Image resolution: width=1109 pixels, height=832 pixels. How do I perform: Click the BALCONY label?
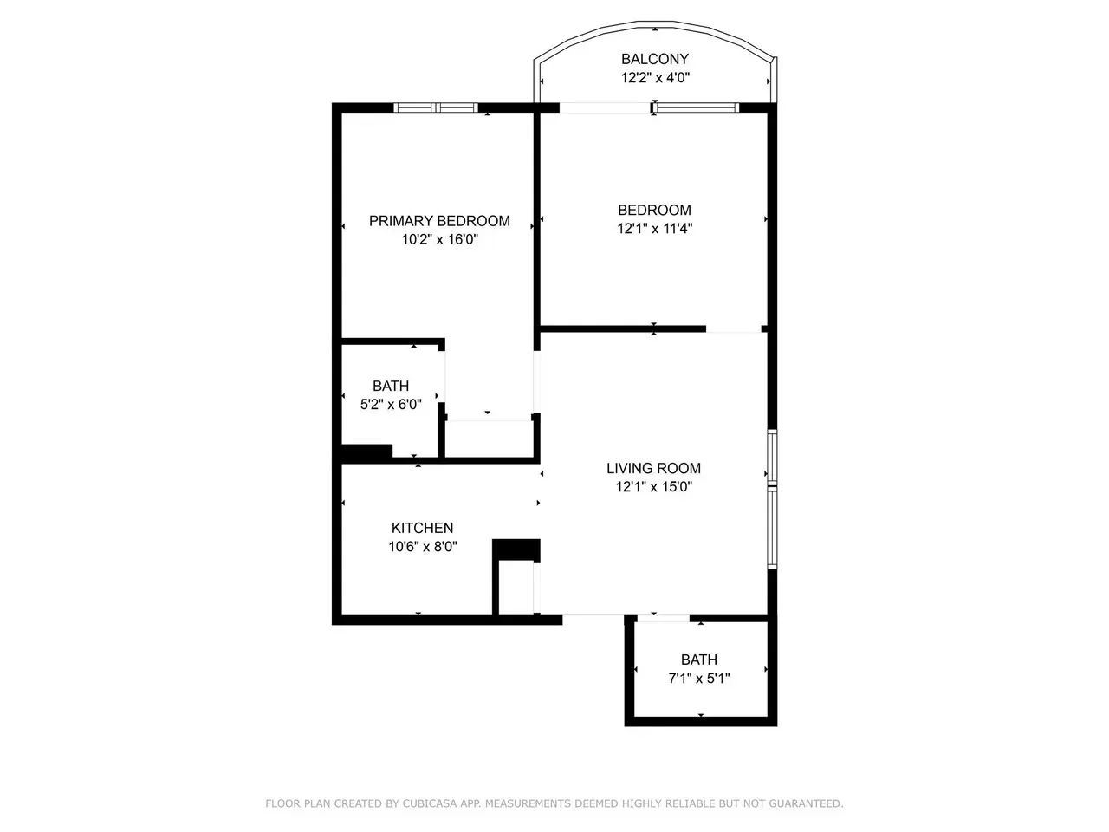(654, 59)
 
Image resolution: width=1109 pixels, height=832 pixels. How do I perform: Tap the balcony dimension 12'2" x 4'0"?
(654, 78)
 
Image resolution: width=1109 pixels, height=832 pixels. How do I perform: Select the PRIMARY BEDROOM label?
(439, 221)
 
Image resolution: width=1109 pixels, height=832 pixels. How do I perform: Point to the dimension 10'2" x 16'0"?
(439, 240)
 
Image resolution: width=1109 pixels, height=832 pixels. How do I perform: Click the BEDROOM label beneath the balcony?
(654, 210)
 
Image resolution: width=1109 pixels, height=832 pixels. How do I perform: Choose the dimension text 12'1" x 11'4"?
(654, 229)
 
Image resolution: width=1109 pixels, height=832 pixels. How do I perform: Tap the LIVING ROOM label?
(653, 468)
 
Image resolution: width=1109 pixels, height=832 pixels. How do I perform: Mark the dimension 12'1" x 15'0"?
(653, 487)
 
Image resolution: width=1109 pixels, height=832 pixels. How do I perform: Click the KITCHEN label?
(422, 528)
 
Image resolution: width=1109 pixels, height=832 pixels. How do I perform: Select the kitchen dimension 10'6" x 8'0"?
(422, 547)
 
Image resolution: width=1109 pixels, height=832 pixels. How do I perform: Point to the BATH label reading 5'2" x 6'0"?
(391, 386)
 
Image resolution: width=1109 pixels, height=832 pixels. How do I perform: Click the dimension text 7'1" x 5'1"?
(698, 679)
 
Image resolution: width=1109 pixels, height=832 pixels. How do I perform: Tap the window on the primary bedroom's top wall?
(436, 108)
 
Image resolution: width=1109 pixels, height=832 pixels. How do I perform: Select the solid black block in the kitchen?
(516, 549)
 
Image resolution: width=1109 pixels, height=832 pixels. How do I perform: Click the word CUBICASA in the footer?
(431, 804)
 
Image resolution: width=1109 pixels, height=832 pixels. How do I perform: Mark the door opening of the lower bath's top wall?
(663, 618)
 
